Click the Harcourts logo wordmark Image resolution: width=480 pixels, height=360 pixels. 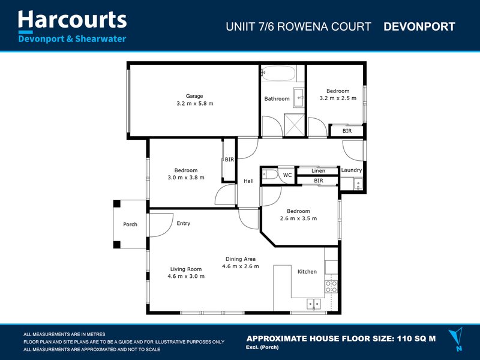[x=72, y=20]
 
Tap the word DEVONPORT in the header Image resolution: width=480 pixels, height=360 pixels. [x=419, y=27]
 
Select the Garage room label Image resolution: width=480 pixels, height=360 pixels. [x=194, y=96]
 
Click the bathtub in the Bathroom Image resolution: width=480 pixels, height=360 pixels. [x=278, y=75]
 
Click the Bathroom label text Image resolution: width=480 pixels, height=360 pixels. [x=277, y=99]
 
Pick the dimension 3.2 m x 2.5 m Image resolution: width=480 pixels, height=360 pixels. [x=338, y=98]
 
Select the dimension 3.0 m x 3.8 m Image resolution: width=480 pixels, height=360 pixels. [x=185, y=178]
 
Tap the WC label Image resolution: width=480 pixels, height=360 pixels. [x=287, y=175]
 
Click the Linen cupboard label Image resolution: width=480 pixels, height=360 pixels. [x=318, y=171]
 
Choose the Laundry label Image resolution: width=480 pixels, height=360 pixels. [x=351, y=170]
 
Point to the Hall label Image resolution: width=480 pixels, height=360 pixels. [x=248, y=181]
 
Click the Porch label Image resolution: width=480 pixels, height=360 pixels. [x=130, y=224]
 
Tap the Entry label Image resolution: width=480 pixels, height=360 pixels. [x=183, y=224]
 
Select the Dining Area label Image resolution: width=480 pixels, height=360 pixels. [x=240, y=259]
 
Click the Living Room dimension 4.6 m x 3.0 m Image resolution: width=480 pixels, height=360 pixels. [x=186, y=277]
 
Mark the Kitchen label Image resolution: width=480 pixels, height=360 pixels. [x=307, y=272]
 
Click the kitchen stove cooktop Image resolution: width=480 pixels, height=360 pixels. [x=331, y=286]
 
